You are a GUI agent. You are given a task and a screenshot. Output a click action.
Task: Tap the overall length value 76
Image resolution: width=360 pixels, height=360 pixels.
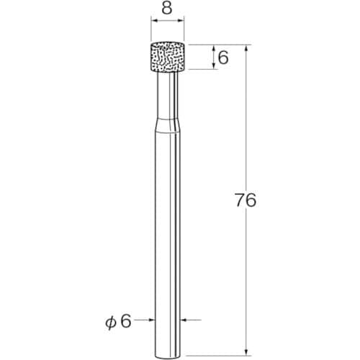click(246, 202)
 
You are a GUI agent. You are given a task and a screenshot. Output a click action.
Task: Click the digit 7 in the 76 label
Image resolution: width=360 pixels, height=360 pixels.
click(240, 202)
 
